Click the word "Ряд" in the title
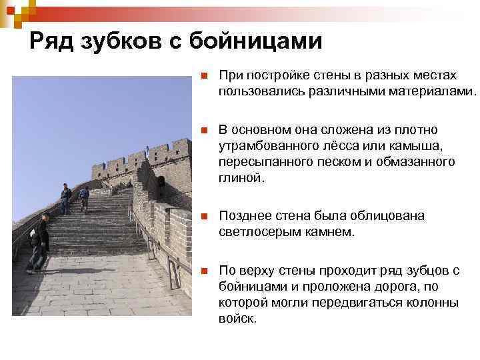(x=51, y=42)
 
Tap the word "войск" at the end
(x=235, y=319)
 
